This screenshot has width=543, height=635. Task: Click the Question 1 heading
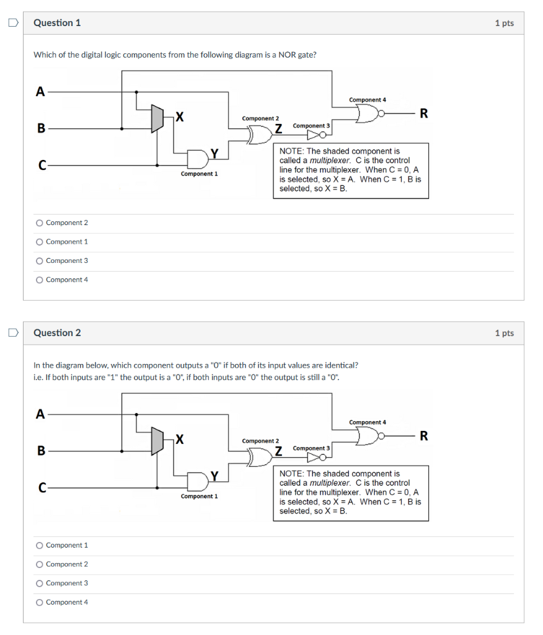tap(57, 23)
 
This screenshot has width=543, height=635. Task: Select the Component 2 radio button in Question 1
tap(40, 223)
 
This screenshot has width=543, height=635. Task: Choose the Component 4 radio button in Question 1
tap(40, 280)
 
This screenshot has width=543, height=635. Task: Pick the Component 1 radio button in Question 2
tap(40, 545)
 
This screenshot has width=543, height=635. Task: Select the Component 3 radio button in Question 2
tap(40, 583)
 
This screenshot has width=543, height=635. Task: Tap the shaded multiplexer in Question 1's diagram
tap(157, 118)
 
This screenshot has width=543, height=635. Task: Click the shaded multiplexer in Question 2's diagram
tap(157, 440)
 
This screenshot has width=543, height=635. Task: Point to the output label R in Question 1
tap(423, 113)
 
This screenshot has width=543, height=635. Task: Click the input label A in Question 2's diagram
tap(40, 415)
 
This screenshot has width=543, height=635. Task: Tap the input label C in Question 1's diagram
tap(42, 166)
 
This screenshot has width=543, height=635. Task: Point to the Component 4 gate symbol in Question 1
tap(368, 113)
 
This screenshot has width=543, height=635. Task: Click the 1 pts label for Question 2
tap(504, 333)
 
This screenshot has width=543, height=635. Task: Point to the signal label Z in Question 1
tap(279, 129)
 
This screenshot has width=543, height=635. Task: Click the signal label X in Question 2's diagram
tap(179, 439)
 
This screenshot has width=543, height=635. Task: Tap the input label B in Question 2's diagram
tap(41, 451)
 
